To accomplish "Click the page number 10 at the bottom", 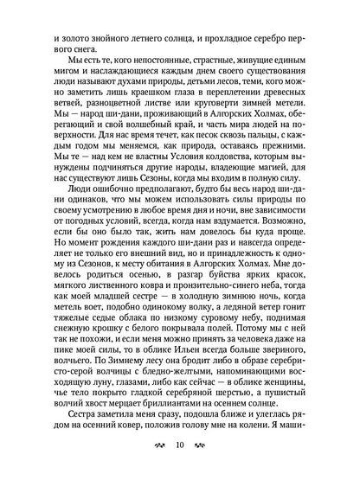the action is pyautogui.click(x=179, y=445).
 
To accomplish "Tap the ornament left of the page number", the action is pyautogui.click(x=157, y=445).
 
